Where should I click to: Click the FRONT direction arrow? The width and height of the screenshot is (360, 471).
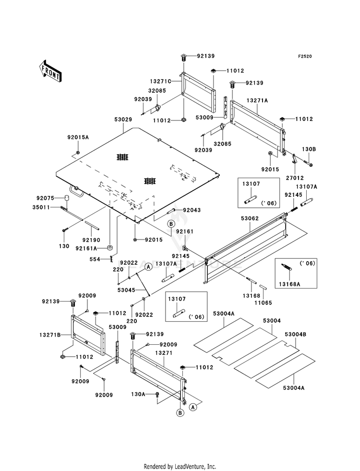pos(50,71)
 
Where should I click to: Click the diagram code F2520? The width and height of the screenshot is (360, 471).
pos(305,56)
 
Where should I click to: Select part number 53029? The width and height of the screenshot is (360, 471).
pos(123,120)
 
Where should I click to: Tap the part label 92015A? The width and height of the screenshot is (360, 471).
pos(78,137)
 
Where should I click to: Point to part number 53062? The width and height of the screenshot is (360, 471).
pos(250,218)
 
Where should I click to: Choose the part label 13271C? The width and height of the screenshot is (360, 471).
pos(161,82)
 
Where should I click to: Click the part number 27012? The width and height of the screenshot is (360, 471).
pos(295,178)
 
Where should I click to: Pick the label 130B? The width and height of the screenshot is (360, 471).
pos(309,149)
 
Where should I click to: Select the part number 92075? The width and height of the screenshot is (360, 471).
pos(45,198)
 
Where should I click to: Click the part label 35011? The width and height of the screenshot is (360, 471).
pos(41,207)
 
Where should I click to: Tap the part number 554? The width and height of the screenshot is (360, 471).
pos(95,259)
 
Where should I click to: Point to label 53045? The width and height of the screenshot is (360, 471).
pos(126,290)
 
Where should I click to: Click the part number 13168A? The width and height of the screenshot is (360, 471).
pos(289,284)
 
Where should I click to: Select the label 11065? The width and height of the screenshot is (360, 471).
pos(264,303)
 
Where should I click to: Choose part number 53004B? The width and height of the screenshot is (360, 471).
pos(296,334)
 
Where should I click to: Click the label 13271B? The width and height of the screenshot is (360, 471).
pos(50,335)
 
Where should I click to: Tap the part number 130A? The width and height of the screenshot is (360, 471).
pos(138,394)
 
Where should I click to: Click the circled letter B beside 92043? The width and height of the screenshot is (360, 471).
pos(171,224)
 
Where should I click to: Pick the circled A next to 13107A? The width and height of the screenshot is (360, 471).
pos(148,266)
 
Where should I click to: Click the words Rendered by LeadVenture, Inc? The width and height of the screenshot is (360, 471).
pos(180,467)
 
